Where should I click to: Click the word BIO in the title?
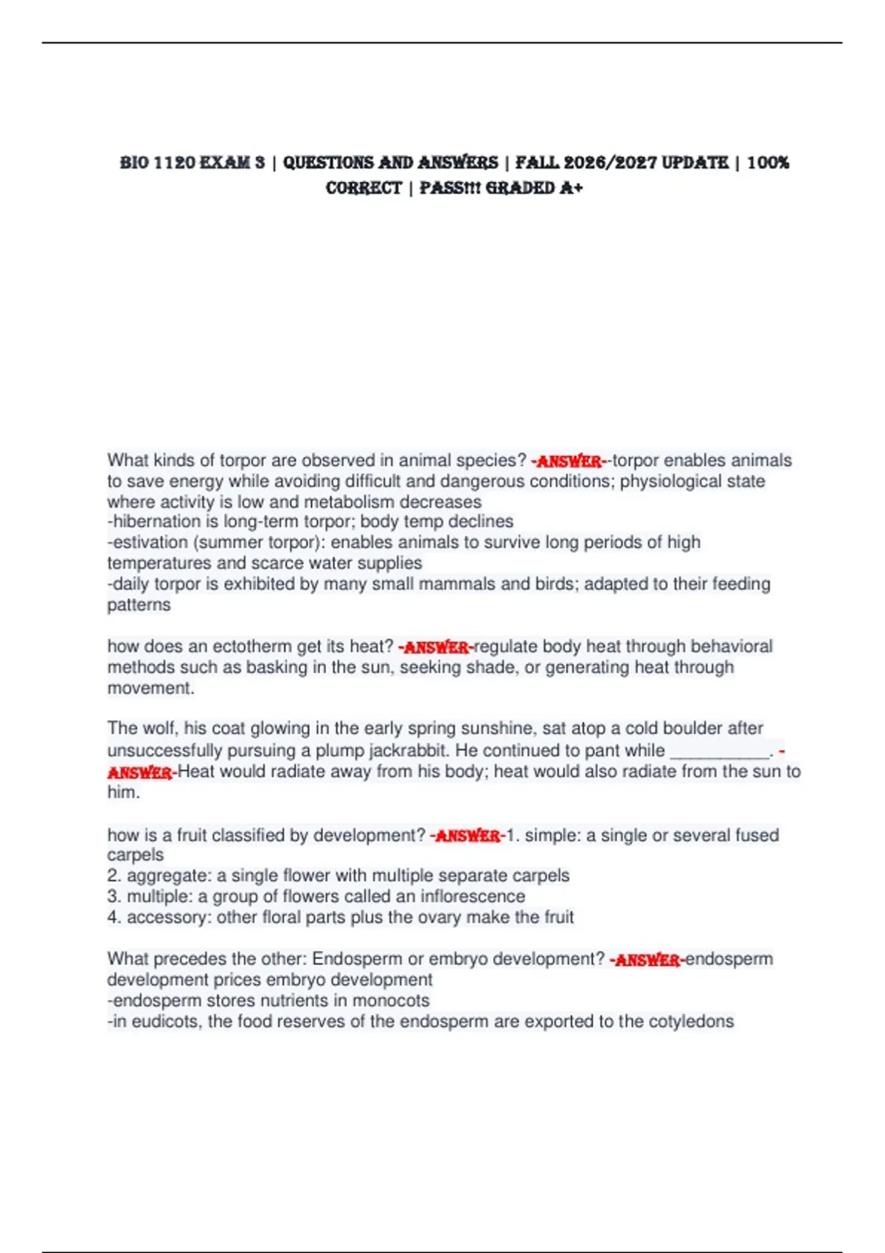(134, 163)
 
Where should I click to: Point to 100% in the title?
(768, 163)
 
